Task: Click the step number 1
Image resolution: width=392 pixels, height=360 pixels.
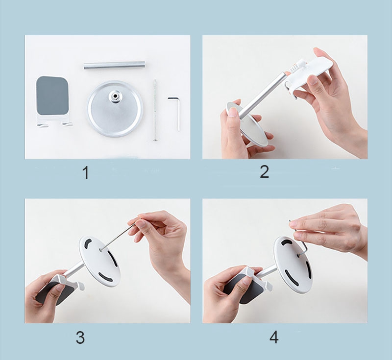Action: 85,172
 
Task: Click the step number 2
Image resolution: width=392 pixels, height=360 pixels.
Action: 264,172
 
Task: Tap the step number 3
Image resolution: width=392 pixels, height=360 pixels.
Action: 80,337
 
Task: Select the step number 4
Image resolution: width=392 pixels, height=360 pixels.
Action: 274,337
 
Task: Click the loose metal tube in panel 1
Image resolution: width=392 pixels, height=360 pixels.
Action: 114,65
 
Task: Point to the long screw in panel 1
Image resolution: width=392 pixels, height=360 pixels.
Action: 155,110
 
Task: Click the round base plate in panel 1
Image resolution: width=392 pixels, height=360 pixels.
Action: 115,109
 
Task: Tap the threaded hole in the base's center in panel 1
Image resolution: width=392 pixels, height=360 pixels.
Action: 115,96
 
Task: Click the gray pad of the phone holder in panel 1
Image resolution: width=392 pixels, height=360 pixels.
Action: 52,96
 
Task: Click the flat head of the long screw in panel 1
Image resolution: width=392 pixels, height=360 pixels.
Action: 155,140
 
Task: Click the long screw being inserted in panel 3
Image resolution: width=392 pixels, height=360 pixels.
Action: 118,237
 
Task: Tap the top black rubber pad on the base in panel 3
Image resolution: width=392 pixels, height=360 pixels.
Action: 88,243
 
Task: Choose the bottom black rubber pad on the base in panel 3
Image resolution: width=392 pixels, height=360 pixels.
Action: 106,276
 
